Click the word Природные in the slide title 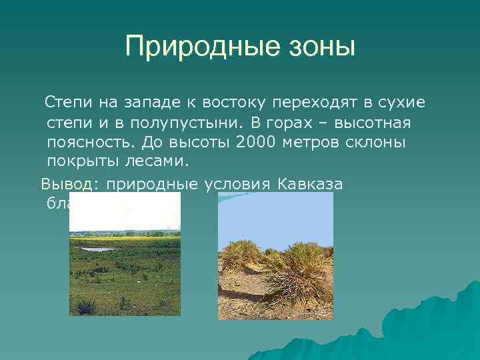point(191,47)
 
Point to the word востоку point(227,103)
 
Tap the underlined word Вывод point(69,183)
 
